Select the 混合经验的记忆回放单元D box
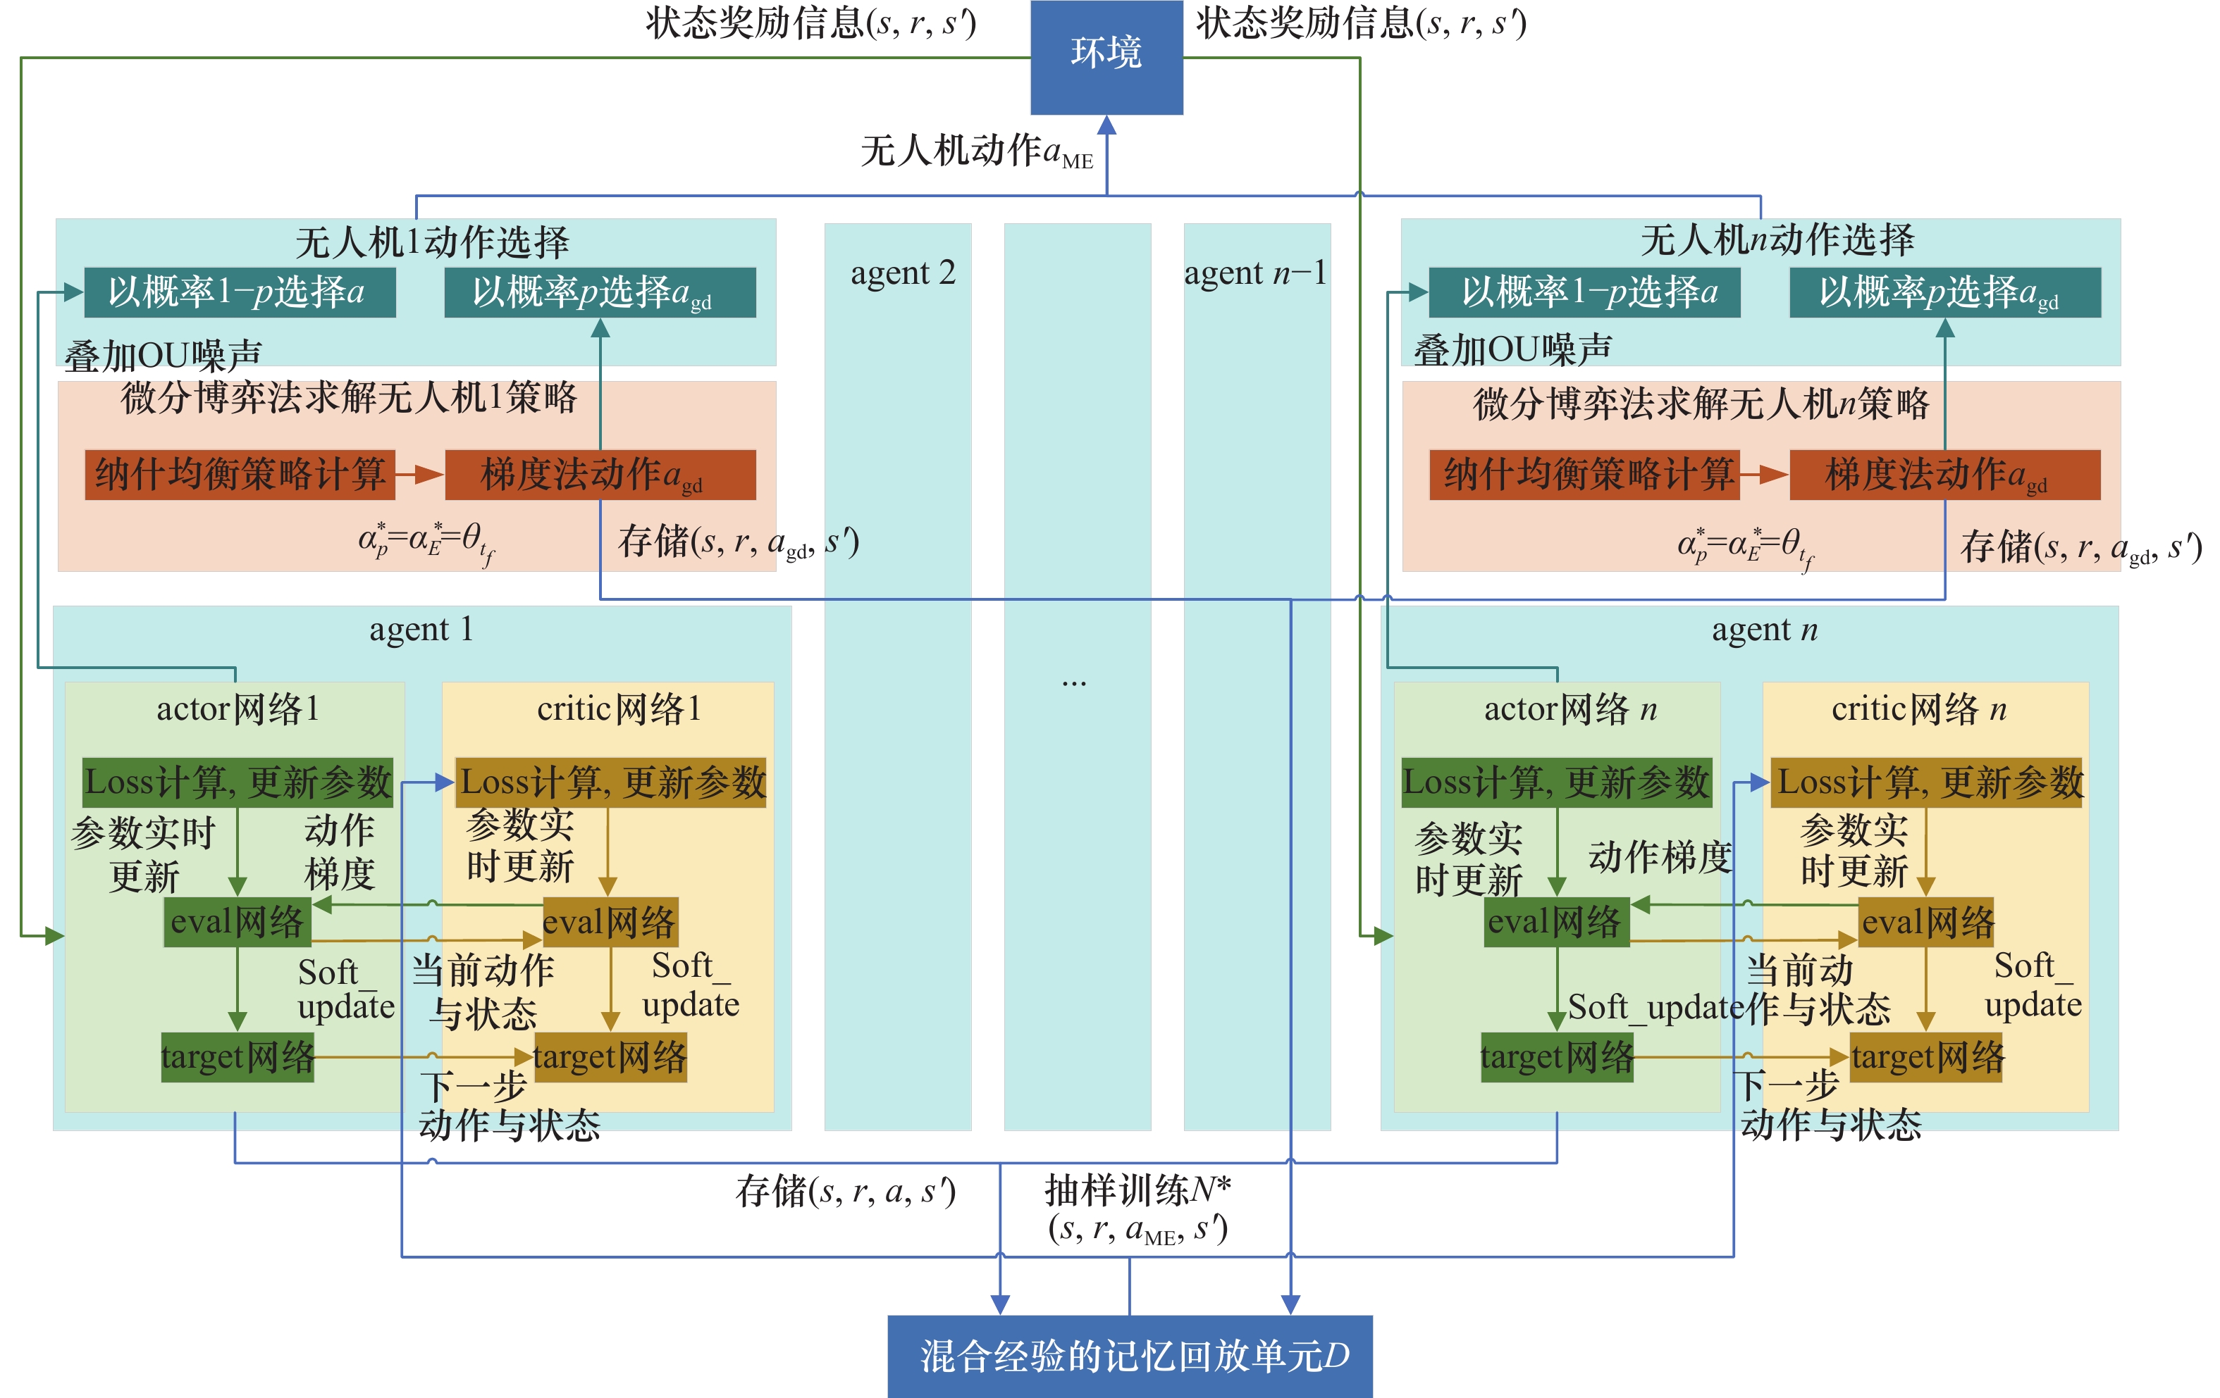(1129, 1356)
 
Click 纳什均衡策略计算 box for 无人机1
(240, 475)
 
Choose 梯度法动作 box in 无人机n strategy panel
(1944, 475)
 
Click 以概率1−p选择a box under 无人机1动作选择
(240, 292)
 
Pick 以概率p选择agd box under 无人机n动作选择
(1944, 292)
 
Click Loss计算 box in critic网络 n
(1926, 782)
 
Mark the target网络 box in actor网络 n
(1556, 1057)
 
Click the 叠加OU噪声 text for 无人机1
(164, 355)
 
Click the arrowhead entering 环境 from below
(1106, 125)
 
